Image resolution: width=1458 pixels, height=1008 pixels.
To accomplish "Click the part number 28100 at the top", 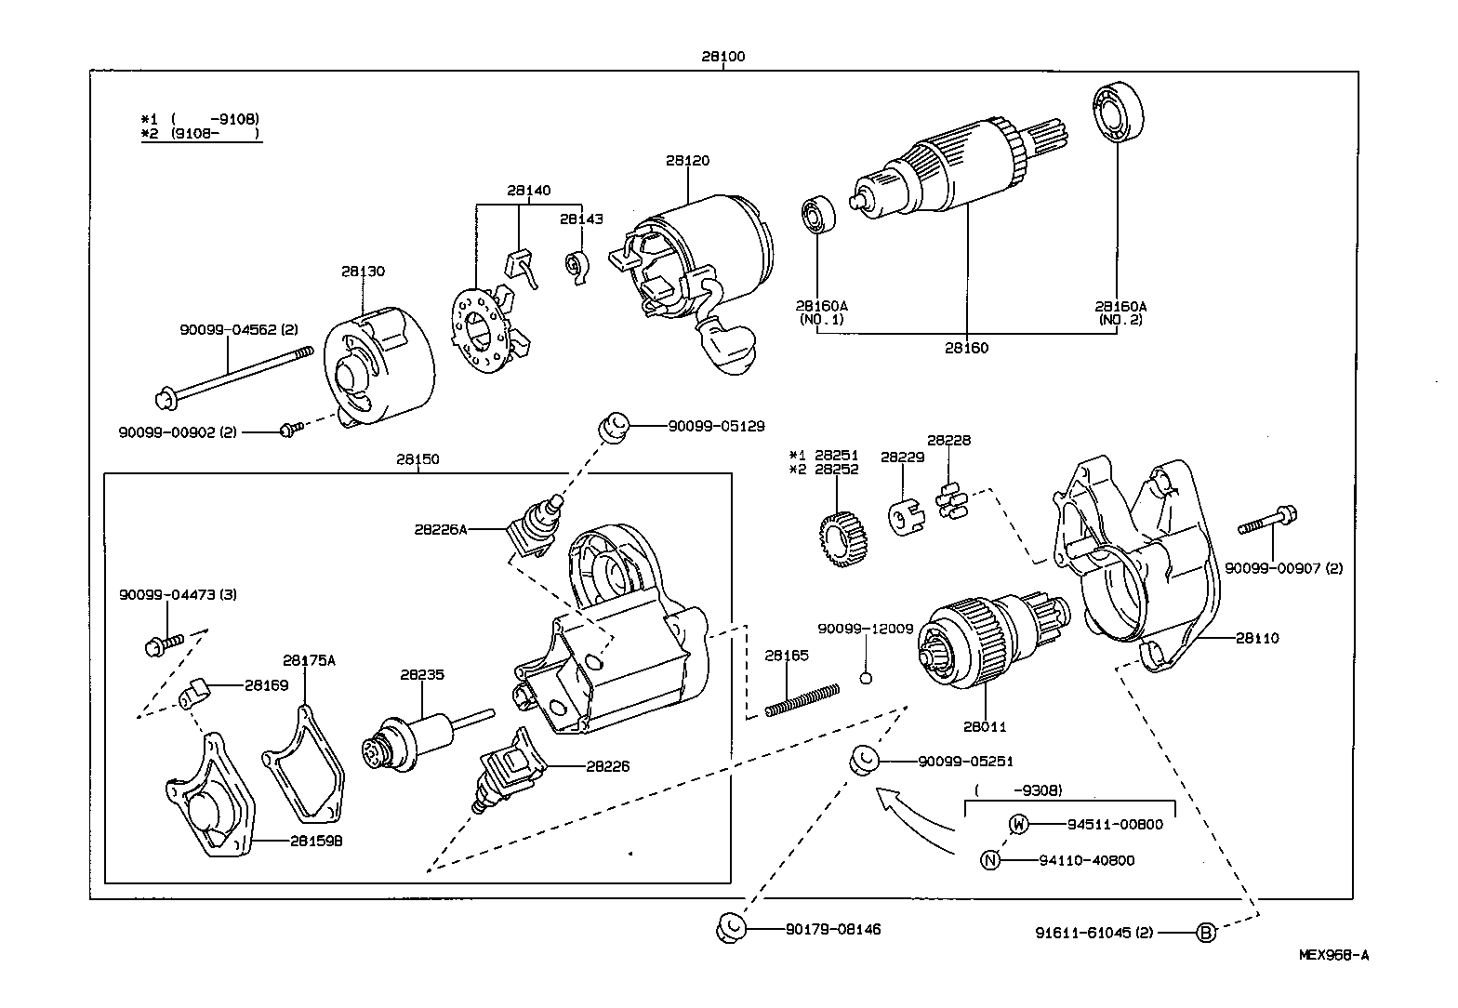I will tap(723, 57).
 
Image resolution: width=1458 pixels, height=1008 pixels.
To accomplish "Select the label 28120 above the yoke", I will tap(687, 161).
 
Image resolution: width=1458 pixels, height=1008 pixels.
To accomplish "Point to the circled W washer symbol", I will tap(1019, 824).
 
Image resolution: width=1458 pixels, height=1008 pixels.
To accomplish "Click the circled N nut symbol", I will tap(990, 860).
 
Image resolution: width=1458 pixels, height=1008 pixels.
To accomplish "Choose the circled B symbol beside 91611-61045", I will tap(1205, 932).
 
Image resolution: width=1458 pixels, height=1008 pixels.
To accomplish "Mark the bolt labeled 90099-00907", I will tap(1267, 521).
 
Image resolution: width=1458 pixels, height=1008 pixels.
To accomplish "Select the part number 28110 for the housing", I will tap(1257, 638).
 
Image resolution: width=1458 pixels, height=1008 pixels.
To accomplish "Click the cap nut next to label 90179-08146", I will tap(731, 928).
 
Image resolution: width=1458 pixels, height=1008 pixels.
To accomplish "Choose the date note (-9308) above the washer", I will tap(1018, 790).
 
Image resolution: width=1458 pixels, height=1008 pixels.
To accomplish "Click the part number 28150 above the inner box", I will tap(418, 459).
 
